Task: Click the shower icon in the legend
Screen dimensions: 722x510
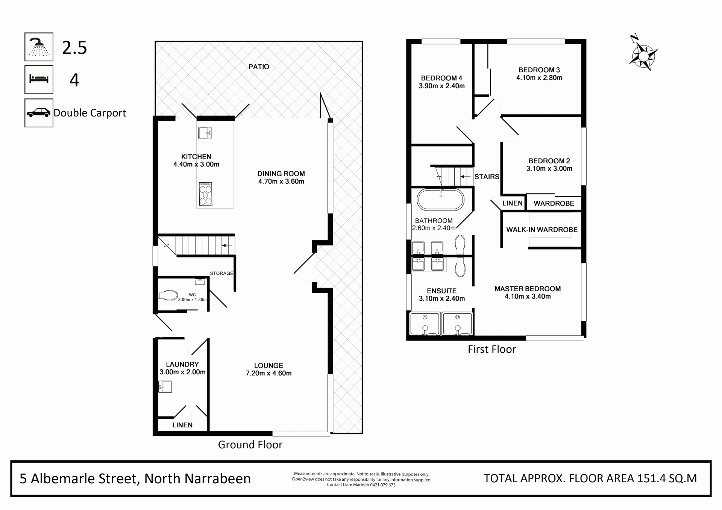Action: pos(39,47)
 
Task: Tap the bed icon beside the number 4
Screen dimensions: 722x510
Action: pos(39,79)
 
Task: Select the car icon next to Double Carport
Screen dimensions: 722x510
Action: pos(39,113)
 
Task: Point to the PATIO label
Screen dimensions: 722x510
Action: pos(259,67)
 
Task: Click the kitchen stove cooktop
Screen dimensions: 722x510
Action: pos(205,194)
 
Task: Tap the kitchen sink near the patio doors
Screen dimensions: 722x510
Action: pos(205,133)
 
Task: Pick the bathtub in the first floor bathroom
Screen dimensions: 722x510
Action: pos(441,200)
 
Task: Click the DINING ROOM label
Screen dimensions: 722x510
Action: pos(281,174)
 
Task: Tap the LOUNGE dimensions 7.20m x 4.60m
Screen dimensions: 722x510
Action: pos(268,373)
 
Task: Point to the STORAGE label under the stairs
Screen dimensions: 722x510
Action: pos(221,273)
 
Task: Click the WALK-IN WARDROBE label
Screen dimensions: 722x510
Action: pos(542,230)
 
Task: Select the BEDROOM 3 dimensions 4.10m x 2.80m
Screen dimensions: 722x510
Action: pos(539,78)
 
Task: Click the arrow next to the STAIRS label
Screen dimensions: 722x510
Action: pos(466,177)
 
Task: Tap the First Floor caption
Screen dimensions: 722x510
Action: pos(492,349)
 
